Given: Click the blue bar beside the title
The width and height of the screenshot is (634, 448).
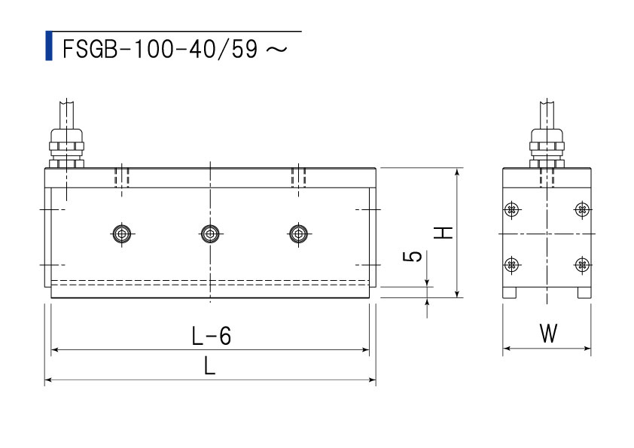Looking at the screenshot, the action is pyautogui.click(x=49, y=46).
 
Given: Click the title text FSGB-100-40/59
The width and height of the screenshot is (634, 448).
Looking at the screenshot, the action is pyautogui.click(x=160, y=50).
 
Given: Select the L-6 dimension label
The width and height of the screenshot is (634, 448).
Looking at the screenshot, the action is pyautogui.click(x=212, y=336).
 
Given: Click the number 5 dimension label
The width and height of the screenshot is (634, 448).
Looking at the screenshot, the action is pyautogui.click(x=413, y=256).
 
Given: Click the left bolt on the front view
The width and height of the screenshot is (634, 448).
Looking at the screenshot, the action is pyautogui.click(x=122, y=233).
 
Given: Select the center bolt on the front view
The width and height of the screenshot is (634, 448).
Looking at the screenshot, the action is pyautogui.click(x=210, y=233).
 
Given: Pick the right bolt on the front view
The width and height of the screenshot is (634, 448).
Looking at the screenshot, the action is pyautogui.click(x=298, y=233).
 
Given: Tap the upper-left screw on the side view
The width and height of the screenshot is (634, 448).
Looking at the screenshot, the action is pyautogui.click(x=512, y=209).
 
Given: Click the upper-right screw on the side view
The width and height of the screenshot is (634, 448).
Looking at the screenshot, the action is pyautogui.click(x=582, y=209).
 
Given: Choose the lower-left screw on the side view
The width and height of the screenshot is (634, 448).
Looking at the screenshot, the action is pyautogui.click(x=512, y=265).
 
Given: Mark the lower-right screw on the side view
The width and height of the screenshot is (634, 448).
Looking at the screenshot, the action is pyautogui.click(x=582, y=265).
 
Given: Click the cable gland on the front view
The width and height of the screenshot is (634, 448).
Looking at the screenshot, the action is pyautogui.click(x=67, y=148).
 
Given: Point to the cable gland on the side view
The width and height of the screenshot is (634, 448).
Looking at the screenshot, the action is pyautogui.click(x=547, y=148).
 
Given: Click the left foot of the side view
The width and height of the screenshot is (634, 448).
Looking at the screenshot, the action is pyautogui.click(x=510, y=293).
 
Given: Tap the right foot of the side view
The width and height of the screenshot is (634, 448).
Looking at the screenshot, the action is pyautogui.click(x=584, y=293).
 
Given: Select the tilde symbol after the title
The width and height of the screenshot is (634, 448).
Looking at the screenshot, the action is pyautogui.click(x=277, y=50).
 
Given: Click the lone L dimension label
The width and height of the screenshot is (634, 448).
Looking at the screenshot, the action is pyautogui.click(x=209, y=367).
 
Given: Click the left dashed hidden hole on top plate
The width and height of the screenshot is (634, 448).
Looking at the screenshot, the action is pyautogui.click(x=122, y=178).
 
